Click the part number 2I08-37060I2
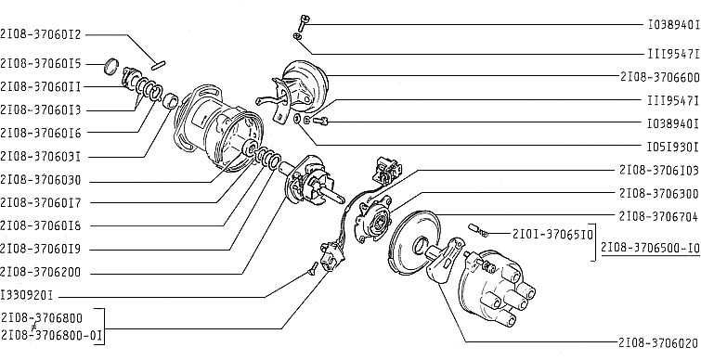tap(41, 34)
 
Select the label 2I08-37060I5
tap(41, 64)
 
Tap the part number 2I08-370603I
tap(41, 156)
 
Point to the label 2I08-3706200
tap(41, 273)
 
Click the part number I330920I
tap(27, 295)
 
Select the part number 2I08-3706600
tap(660, 77)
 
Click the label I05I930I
tap(673, 146)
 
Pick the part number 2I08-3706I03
tap(659, 170)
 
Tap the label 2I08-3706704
tap(659, 216)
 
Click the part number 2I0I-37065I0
tap(553, 234)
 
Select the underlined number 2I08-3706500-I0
tap(651, 248)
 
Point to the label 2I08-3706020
tap(659, 343)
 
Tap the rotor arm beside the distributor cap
tap(444, 260)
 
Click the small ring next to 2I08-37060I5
tap(111, 66)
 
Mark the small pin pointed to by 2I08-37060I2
tap(159, 65)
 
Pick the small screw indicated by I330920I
tap(313, 268)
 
